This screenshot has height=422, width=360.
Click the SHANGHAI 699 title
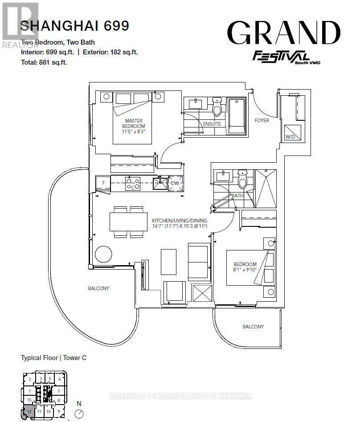click(x=75, y=26)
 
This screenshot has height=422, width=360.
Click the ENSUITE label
click(x=212, y=124)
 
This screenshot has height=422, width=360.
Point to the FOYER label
click(x=262, y=120)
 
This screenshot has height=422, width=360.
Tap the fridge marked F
click(x=103, y=183)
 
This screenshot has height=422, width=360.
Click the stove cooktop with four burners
click(x=132, y=183)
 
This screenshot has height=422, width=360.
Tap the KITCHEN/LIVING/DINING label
click(x=179, y=224)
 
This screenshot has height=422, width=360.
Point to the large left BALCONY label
click(x=98, y=288)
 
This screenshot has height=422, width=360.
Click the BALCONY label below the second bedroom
click(x=253, y=327)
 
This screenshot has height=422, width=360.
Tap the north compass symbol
click(x=79, y=413)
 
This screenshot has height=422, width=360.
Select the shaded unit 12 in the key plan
click(x=29, y=412)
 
